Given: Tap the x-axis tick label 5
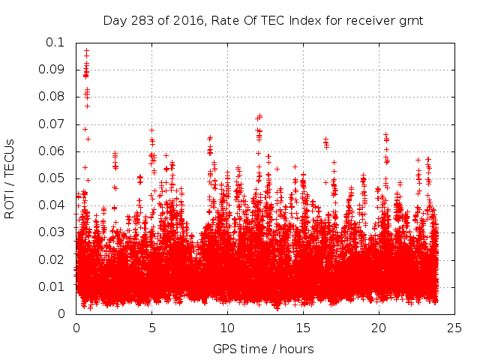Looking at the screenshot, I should click(151, 328).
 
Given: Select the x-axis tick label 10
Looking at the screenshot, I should click(227, 328).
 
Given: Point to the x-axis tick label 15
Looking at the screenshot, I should click(303, 328).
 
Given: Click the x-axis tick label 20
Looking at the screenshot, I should click(379, 328).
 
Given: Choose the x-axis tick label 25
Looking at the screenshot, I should click(454, 328).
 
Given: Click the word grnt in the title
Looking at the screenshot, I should click(412, 20).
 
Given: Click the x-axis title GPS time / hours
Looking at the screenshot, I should click(263, 349).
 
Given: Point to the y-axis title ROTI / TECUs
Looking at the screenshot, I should click(10, 178).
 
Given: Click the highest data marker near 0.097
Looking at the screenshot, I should click(86, 51).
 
